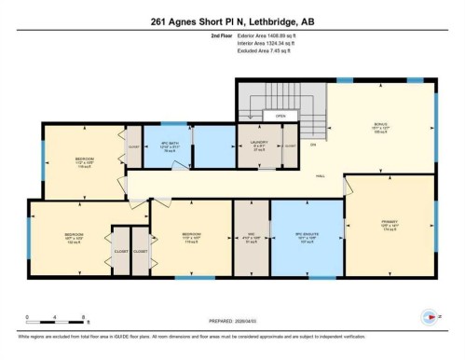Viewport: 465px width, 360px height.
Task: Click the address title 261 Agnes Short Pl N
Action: [232, 18]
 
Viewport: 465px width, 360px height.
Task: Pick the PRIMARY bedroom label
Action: [390, 226]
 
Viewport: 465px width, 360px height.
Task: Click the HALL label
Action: [320, 175]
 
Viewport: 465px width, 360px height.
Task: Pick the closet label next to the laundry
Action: [288, 146]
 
